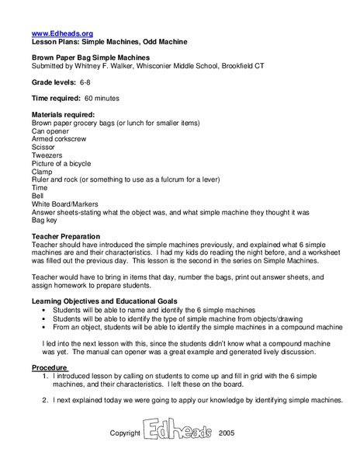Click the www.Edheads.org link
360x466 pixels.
[62, 33]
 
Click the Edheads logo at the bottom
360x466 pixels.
[177, 432]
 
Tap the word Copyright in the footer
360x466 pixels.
[125, 433]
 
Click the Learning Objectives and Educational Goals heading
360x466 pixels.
[105, 301]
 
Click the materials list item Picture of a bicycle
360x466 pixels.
[61, 164]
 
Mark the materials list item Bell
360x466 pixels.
[38, 196]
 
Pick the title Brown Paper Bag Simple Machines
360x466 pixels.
[91, 57]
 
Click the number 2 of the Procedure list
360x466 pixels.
[45, 401]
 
